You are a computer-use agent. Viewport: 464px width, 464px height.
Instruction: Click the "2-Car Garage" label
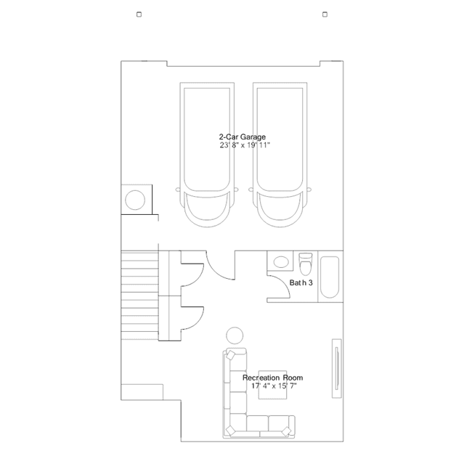[242, 137]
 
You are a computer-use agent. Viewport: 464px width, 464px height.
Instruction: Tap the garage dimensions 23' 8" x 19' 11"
[245, 145]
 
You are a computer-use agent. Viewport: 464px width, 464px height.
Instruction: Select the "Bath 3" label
[301, 282]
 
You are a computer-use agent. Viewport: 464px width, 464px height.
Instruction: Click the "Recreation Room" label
[272, 378]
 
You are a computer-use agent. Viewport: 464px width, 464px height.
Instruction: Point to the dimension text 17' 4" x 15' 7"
[274, 386]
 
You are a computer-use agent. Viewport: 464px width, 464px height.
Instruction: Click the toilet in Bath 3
[306, 264]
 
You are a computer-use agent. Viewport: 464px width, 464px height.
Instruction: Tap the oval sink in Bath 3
[281, 262]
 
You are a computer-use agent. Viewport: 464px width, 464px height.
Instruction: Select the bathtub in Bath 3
[330, 277]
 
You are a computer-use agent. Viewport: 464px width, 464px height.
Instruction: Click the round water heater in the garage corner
[135, 200]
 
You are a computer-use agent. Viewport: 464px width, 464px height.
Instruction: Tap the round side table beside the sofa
[235, 336]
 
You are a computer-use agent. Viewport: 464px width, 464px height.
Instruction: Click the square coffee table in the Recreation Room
[272, 385]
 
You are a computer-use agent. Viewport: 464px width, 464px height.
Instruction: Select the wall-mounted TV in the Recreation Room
[337, 368]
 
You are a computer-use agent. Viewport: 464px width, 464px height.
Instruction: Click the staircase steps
[139, 296]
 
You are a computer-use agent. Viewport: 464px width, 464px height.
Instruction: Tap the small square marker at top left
[139, 15]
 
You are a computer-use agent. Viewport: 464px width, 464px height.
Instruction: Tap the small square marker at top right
[325, 15]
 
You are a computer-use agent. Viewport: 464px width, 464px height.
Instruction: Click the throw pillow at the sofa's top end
[230, 354]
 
